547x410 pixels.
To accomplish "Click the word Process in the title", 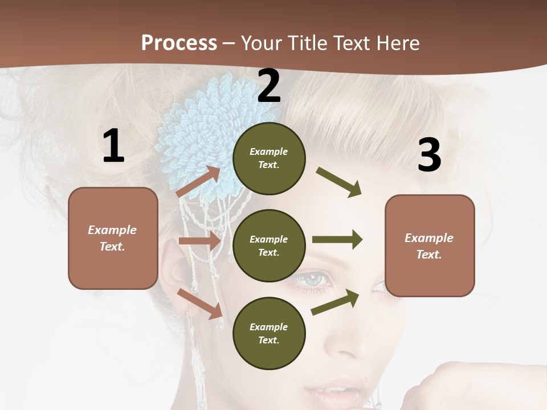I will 179,43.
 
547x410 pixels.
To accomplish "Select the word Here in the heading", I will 395,43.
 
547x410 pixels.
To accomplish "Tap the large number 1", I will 113,146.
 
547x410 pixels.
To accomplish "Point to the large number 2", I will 269,87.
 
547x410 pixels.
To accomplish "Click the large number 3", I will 429,155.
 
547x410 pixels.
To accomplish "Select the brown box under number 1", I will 113,238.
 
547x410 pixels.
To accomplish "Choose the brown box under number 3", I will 430,246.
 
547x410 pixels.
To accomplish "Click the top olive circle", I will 269,158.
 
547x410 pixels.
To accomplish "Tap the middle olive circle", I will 269,245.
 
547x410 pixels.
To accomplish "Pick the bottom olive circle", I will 269,333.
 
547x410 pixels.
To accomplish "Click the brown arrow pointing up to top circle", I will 198,182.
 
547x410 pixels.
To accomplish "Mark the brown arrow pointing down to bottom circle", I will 199,304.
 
